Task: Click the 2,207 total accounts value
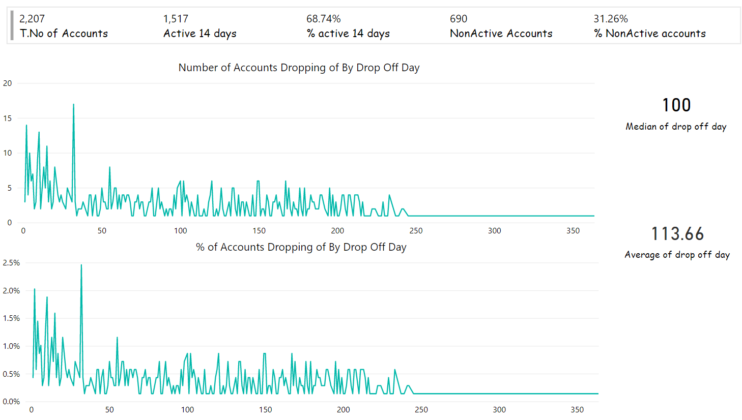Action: (32, 19)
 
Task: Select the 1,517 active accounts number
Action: (176, 19)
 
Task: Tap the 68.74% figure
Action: (323, 19)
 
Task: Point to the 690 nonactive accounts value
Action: (458, 19)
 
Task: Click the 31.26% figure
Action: (610, 19)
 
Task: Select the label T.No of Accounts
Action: (64, 34)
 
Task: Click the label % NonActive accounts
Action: (649, 34)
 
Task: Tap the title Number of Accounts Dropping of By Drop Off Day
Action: (299, 68)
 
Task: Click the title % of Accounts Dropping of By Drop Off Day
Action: (301, 247)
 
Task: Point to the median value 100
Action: (676, 105)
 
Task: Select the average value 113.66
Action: (677, 234)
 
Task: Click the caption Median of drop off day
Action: (676, 127)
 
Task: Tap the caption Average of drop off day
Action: (677, 255)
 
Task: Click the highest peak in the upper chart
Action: (73, 105)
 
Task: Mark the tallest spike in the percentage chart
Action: (81, 265)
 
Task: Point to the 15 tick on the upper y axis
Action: (7, 118)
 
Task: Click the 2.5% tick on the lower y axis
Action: (11, 263)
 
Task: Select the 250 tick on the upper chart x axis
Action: (416, 231)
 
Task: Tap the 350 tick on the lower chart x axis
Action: (577, 410)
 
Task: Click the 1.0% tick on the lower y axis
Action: (11, 346)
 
